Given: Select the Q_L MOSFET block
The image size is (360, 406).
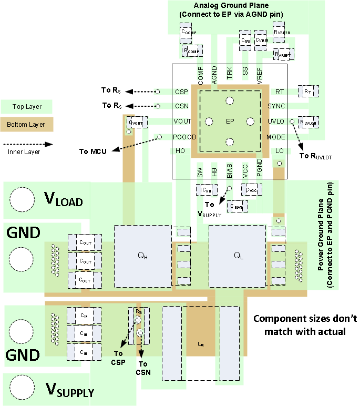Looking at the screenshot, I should pos(237,256).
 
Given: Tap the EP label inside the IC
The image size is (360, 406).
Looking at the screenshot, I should pos(230,121).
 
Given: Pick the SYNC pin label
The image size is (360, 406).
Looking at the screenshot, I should pos(276,106).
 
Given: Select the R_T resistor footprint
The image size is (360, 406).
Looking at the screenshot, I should pos(307,92).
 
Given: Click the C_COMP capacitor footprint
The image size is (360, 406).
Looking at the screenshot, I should pos(188,33).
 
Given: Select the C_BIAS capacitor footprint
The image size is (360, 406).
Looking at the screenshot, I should pos(238,207).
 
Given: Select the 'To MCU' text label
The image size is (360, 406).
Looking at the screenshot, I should pos(93,151).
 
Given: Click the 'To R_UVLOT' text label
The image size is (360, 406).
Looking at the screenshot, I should pos(315,156).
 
